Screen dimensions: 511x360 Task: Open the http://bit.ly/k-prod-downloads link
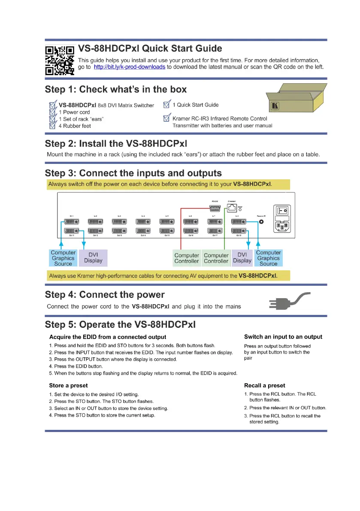tap(129, 67)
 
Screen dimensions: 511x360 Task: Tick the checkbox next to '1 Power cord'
tap(53, 112)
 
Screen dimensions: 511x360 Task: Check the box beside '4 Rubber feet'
tap(53, 126)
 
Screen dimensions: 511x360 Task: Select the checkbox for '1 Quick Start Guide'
tap(167, 105)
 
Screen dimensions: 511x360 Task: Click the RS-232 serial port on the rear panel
tap(215, 208)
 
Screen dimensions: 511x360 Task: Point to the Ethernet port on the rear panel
tap(233, 209)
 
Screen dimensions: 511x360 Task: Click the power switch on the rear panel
tap(281, 211)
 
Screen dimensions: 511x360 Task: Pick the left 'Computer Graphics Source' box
tap(63, 258)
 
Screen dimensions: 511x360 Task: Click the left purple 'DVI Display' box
tap(93, 257)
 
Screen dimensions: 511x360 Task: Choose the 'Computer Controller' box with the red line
tap(187, 258)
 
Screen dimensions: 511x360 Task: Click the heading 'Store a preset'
tap(68, 385)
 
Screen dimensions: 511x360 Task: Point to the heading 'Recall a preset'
tap(264, 385)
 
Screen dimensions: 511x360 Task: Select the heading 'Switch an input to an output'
tap(283, 337)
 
